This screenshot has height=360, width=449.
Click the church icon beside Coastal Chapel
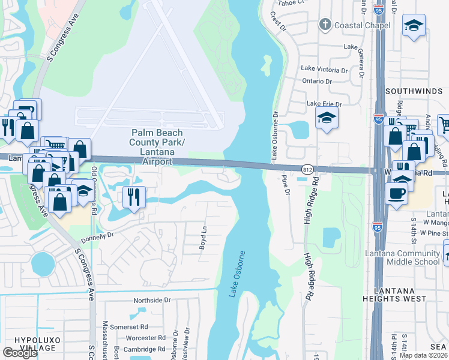pos(325,25)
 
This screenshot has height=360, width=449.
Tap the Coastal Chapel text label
pos(363,25)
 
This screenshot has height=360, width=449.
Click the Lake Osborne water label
pos(237,274)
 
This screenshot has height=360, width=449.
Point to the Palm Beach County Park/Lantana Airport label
pos(158,147)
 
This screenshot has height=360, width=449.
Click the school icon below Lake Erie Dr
pos(326,119)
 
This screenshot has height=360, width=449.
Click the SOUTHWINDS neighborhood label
pos(414,92)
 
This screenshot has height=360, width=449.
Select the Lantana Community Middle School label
pos(402,257)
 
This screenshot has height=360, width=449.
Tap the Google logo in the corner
pos(20,353)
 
